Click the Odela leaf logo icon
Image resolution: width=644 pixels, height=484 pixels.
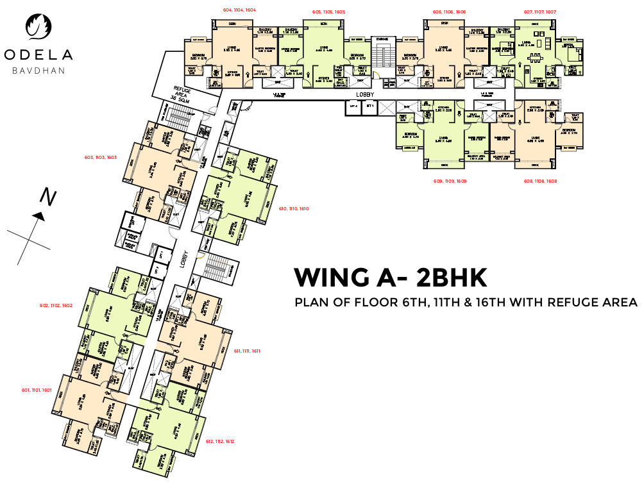[x=37, y=26]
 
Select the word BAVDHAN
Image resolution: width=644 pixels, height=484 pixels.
[x=38, y=70]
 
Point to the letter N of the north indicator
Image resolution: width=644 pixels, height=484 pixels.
[x=47, y=197]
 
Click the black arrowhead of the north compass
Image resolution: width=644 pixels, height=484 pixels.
[x=39, y=217]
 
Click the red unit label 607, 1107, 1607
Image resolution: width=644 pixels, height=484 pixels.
[x=539, y=12]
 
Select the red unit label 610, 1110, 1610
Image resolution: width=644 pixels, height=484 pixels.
[x=294, y=208]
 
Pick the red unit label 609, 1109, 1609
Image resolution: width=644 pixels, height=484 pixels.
[x=450, y=181]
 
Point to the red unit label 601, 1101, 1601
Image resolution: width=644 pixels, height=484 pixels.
[x=36, y=390]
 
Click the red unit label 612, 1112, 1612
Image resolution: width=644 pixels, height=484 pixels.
[x=220, y=441]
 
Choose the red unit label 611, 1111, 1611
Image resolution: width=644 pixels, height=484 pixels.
[x=246, y=351]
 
